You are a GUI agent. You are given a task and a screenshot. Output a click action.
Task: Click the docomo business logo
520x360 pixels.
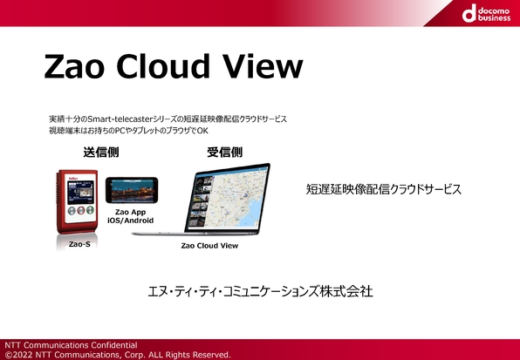coord(486,13)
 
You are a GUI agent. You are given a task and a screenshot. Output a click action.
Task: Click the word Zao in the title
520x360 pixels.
coord(74,66)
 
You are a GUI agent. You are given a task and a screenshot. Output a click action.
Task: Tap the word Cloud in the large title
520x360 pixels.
coord(163,65)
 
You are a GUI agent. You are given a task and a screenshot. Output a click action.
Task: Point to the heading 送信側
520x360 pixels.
coord(101,153)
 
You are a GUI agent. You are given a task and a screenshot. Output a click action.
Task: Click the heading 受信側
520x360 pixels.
coord(224,153)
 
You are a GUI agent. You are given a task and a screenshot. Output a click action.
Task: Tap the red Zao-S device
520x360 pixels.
coord(78,201)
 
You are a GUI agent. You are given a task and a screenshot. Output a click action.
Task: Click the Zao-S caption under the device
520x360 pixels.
coord(79,244)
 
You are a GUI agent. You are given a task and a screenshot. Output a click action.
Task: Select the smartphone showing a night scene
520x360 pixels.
coord(132,190)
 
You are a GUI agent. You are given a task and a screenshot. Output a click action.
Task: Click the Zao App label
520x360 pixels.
coord(130,212)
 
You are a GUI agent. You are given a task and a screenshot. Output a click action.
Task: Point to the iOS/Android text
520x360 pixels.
coord(130,221)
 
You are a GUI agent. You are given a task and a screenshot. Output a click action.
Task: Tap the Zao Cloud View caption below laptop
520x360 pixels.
coord(209,246)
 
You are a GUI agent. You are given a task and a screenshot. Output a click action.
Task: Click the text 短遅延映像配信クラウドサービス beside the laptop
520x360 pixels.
coord(383,189)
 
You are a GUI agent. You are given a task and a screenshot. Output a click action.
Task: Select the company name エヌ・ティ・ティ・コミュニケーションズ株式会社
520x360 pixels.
coord(260,291)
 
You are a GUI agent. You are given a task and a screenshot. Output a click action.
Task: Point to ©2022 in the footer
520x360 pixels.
coord(18,355)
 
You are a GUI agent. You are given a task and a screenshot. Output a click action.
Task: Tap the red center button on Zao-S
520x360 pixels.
coord(80,210)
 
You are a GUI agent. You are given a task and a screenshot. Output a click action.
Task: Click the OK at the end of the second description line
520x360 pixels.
coord(202,131)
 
